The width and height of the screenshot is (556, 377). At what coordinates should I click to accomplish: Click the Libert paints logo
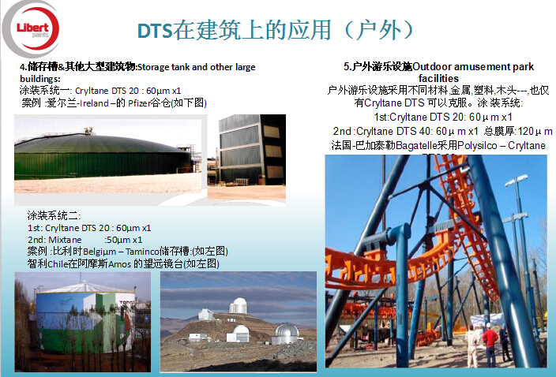32,29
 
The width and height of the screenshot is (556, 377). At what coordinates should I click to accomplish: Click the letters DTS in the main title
155,31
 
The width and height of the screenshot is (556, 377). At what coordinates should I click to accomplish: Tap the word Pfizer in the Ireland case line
139,103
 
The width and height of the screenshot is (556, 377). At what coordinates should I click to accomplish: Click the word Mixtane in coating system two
65,240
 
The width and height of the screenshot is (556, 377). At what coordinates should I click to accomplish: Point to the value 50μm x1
124,240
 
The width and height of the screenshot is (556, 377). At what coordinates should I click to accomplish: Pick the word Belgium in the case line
100,252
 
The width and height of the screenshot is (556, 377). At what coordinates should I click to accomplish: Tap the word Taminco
142,252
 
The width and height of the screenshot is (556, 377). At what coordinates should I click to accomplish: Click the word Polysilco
477,145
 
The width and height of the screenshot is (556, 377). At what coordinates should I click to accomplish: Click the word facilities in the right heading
438,78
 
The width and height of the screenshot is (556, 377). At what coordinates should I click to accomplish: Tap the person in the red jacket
490,346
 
